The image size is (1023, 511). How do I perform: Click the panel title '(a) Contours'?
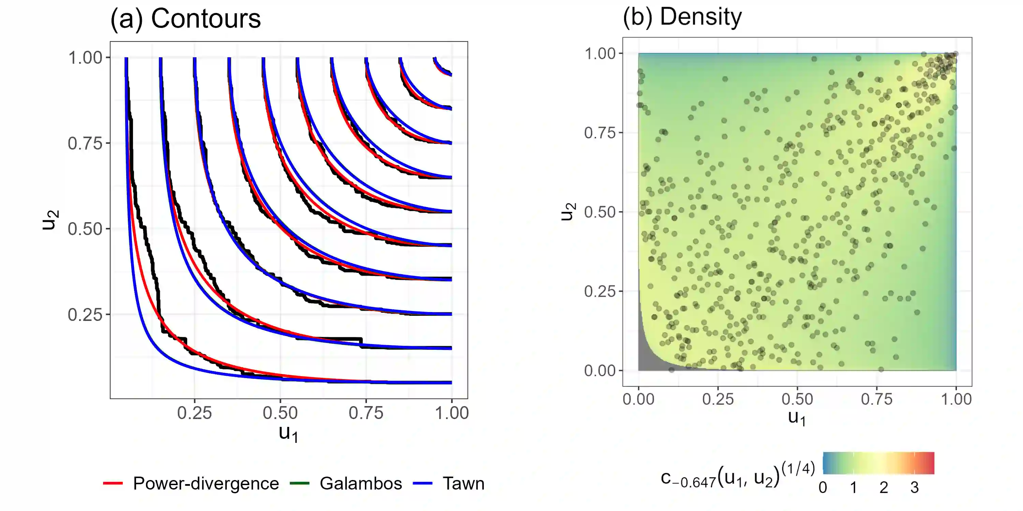click(186, 19)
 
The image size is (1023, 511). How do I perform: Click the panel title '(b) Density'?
click(682, 17)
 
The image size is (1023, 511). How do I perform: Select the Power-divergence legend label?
click(206, 483)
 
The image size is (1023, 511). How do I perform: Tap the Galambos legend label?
click(360, 483)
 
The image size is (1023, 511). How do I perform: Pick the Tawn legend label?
click(463, 483)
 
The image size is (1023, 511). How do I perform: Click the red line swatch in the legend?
click(113, 483)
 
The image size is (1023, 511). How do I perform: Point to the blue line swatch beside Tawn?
click(422, 483)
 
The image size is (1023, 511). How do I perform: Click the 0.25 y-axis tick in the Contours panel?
click(85, 315)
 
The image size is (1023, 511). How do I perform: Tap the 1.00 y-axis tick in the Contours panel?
click(85, 58)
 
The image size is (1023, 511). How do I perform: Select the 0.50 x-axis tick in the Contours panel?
click(280, 413)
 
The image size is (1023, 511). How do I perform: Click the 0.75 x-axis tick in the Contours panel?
click(366, 413)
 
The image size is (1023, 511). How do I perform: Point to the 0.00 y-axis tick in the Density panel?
click(600, 371)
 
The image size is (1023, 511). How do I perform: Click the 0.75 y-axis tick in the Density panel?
click(600, 133)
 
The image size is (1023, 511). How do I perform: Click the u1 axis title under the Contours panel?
click(288, 433)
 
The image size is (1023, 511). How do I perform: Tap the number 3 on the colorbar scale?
click(914, 487)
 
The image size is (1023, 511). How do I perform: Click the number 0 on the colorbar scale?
click(823, 487)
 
